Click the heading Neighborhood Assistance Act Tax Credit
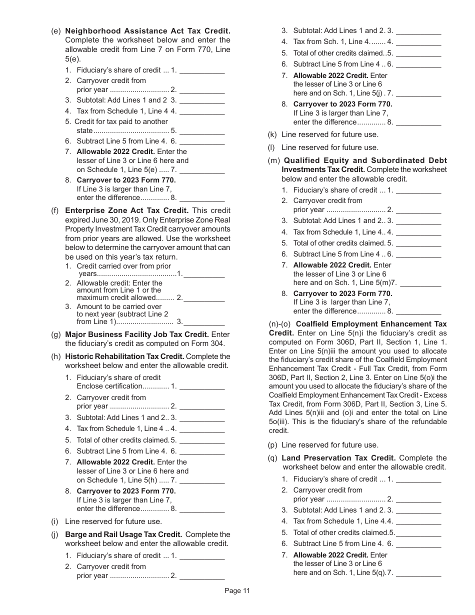[147, 31]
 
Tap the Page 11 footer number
[237, 590]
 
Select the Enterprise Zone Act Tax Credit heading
[127, 210]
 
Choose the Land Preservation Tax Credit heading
[338, 458]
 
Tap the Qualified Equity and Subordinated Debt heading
[365, 160]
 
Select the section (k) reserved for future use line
[330, 134]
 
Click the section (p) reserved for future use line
[330, 445]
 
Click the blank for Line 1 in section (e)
[202, 70]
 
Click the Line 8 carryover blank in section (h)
[202, 509]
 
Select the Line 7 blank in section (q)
[418, 573]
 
